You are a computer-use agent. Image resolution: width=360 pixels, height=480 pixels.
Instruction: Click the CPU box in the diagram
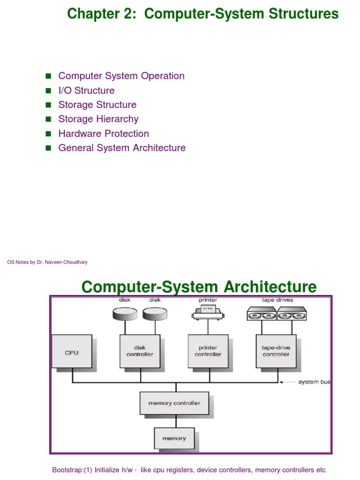click(x=72, y=352)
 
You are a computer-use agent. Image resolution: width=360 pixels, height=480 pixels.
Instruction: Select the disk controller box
click(x=140, y=351)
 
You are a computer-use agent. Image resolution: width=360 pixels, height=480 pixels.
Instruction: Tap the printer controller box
click(x=208, y=351)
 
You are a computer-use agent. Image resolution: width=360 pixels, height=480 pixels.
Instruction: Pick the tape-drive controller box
click(x=276, y=351)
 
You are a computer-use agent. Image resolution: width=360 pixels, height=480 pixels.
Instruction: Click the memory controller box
click(x=174, y=403)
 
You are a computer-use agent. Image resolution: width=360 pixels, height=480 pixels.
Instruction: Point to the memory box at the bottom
click(x=174, y=438)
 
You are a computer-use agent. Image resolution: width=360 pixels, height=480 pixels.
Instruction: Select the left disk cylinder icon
click(x=125, y=314)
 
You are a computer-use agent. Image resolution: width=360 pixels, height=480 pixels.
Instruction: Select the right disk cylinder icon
click(x=155, y=314)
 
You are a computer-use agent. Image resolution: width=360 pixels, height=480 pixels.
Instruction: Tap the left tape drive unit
click(x=262, y=314)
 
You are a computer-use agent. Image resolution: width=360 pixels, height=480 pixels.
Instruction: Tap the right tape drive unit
click(x=292, y=314)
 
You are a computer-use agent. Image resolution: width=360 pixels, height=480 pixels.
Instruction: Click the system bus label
click(x=314, y=382)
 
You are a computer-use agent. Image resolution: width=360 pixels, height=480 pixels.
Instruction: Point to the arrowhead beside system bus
click(x=282, y=382)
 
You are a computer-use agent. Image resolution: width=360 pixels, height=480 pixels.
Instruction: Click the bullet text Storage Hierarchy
click(x=98, y=119)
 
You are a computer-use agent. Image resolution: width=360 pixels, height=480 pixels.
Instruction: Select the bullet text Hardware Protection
click(x=104, y=134)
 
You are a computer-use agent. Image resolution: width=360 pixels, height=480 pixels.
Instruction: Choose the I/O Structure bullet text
click(x=86, y=90)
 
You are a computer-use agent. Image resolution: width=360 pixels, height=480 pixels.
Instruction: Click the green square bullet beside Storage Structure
click(x=48, y=105)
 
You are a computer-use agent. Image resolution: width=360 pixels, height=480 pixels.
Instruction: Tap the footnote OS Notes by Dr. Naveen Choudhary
click(x=47, y=262)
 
